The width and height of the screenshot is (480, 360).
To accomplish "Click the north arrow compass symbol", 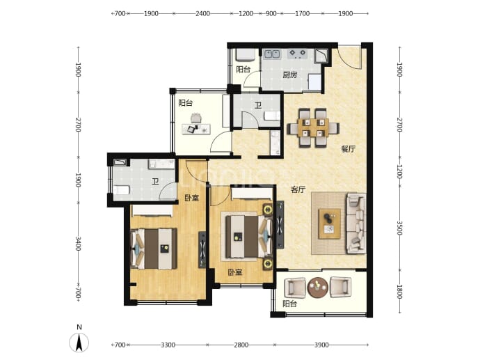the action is (x=79, y=342).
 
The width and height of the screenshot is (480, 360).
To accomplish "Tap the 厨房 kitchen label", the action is (x=289, y=75).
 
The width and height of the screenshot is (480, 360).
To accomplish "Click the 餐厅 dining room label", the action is (x=349, y=149).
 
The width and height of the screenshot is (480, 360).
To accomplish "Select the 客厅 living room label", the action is (x=298, y=189).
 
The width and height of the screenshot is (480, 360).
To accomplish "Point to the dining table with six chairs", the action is (x=313, y=127).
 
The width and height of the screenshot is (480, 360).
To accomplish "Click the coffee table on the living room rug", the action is (x=329, y=224).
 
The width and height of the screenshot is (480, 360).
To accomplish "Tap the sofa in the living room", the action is (x=356, y=224).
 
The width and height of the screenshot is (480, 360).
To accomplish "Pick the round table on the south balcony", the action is (x=318, y=288).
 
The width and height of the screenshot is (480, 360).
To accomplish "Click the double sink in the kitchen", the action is (x=272, y=54).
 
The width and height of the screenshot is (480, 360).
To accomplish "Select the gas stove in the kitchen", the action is (x=297, y=54).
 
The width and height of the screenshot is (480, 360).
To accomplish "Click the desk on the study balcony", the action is (x=196, y=129).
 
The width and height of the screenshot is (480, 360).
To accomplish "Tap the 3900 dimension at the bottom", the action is (x=321, y=345).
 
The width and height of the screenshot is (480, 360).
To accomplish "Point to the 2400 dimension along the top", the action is (x=202, y=13).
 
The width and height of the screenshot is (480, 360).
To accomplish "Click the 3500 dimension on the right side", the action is (x=399, y=228).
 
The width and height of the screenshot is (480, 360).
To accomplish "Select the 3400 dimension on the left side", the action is (x=78, y=244).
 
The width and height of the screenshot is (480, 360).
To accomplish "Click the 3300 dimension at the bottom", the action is (x=168, y=345).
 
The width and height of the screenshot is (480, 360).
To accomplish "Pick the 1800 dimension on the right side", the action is (x=399, y=292).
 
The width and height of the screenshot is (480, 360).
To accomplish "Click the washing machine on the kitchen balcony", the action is (x=245, y=56).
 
